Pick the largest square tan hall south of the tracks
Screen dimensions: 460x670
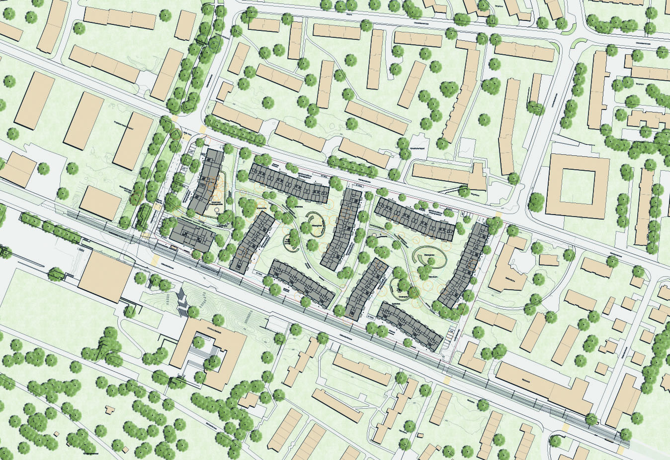105,275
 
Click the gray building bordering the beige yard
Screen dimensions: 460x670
206,182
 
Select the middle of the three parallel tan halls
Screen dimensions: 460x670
83,120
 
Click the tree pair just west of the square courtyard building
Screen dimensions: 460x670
536,201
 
